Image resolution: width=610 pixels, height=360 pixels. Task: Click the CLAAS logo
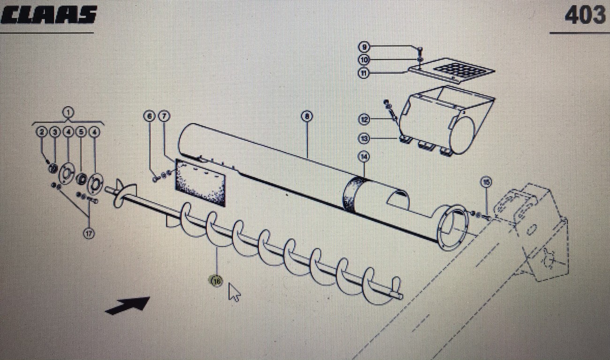point(49,15)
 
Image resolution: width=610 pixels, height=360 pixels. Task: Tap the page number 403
point(585,15)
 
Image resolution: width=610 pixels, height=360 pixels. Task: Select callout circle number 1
point(68,112)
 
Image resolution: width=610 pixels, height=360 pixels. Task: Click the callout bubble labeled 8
point(306,116)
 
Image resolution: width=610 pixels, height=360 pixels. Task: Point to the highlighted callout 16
point(216,281)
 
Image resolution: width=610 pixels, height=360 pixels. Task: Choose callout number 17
point(89,233)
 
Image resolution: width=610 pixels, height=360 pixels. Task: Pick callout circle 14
point(364,156)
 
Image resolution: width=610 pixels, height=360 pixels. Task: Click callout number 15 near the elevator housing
point(486,182)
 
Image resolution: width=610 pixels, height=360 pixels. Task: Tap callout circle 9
point(364,47)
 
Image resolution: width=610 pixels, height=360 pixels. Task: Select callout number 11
point(364,73)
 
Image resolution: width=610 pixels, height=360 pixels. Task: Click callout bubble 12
point(364,120)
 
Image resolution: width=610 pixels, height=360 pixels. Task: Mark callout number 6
point(149,115)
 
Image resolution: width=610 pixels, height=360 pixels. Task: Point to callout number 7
point(163,115)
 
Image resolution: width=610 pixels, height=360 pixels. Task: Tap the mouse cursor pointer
point(234,292)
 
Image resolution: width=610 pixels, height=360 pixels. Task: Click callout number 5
point(81,132)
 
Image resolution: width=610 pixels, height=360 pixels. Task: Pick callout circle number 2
point(42,132)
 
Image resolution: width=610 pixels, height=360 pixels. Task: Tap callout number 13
point(364,138)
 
